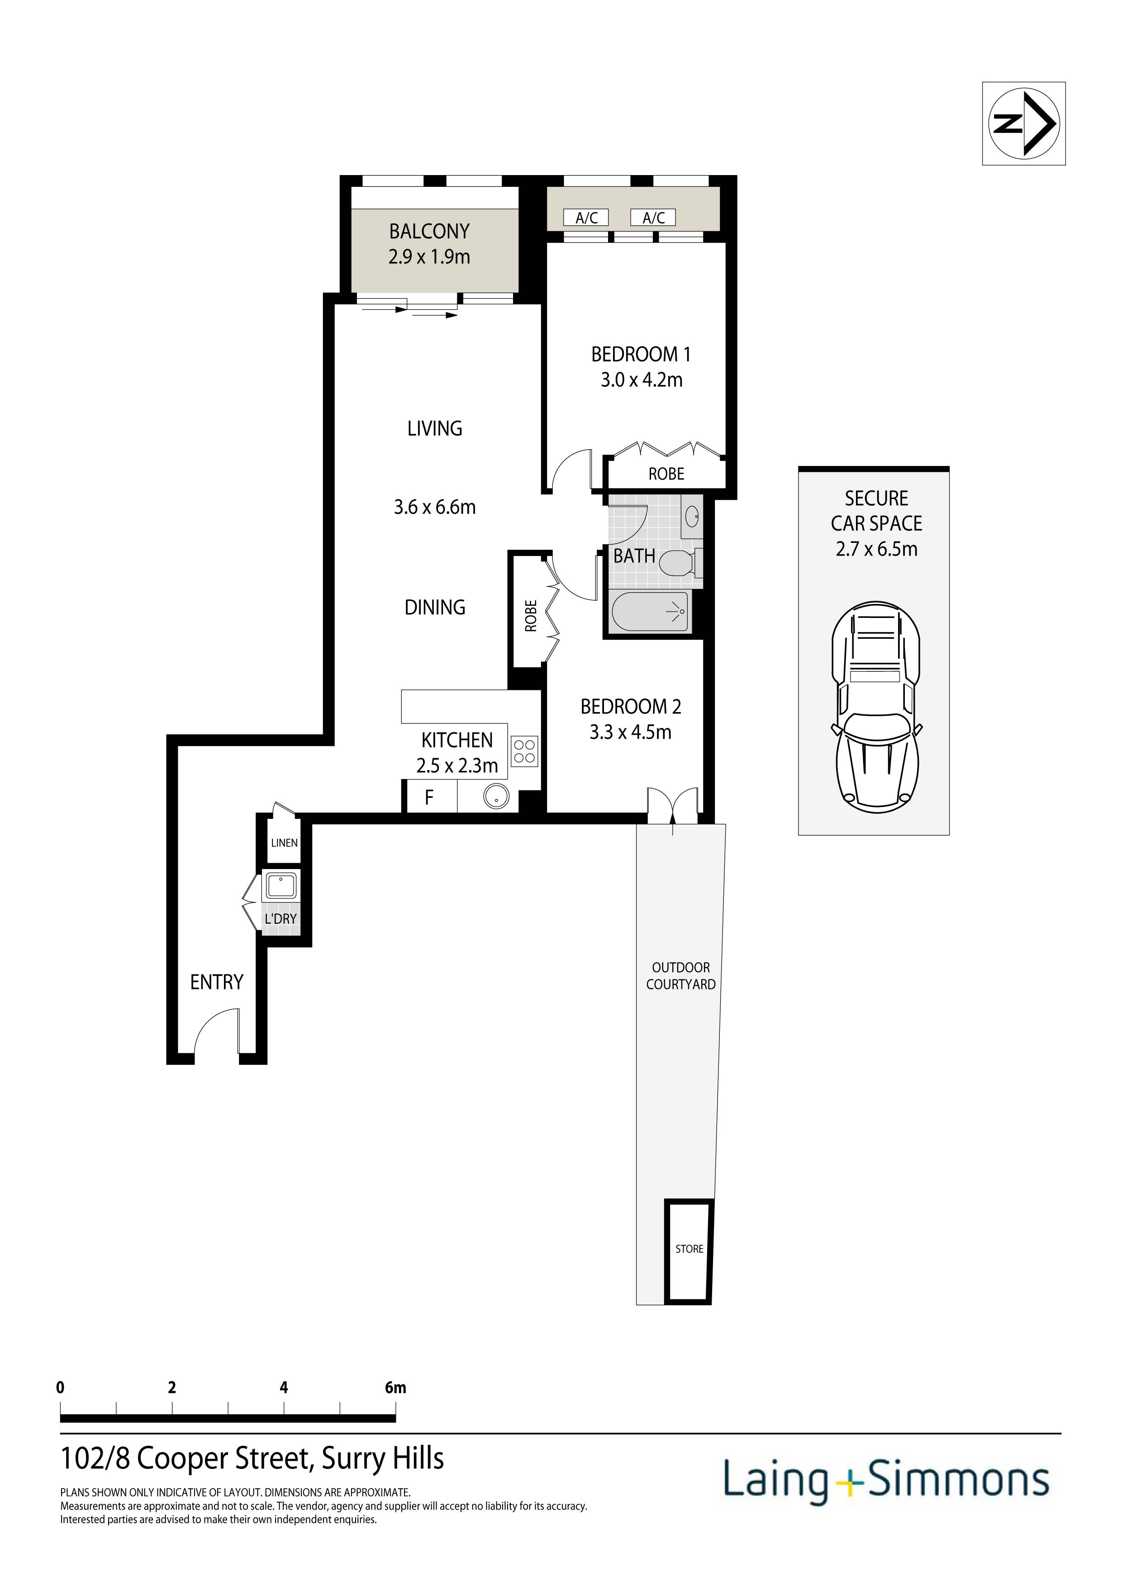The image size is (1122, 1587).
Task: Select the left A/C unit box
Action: pyautogui.click(x=586, y=218)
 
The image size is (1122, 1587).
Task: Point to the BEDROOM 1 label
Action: pyautogui.click(x=641, y=355)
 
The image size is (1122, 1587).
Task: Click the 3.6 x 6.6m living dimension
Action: pyautogui.click(x=435, y=507)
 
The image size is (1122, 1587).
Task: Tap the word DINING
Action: pyautogui.click(x=435, y=608)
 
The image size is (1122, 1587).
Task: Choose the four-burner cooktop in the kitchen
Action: pyautogui.click(x=525, y=751)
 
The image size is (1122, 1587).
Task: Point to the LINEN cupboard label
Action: pyautogui.click(x=284, y=843)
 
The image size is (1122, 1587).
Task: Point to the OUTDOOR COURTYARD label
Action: pyautogui.click(x=681, y=976)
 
